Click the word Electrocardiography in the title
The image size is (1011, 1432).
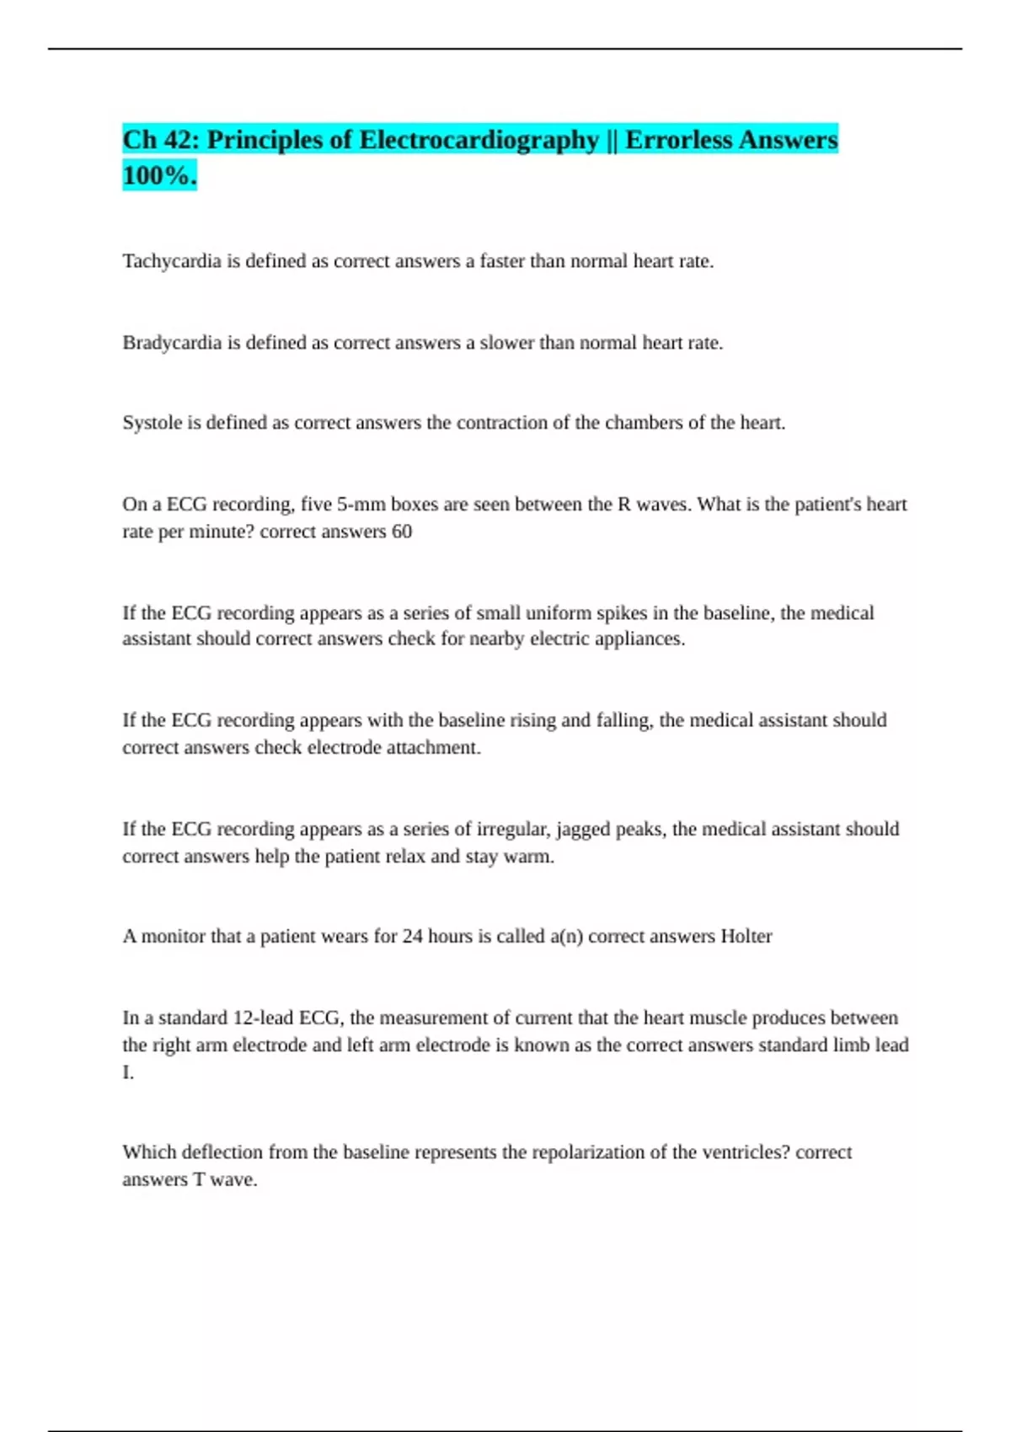click(479, 140)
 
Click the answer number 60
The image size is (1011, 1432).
click(402, 532)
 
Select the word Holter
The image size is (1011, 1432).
click(746, 936)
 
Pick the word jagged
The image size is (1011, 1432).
click(582, 829)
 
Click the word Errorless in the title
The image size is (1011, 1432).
click(678, 140)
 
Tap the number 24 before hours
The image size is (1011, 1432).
click(412, 936)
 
